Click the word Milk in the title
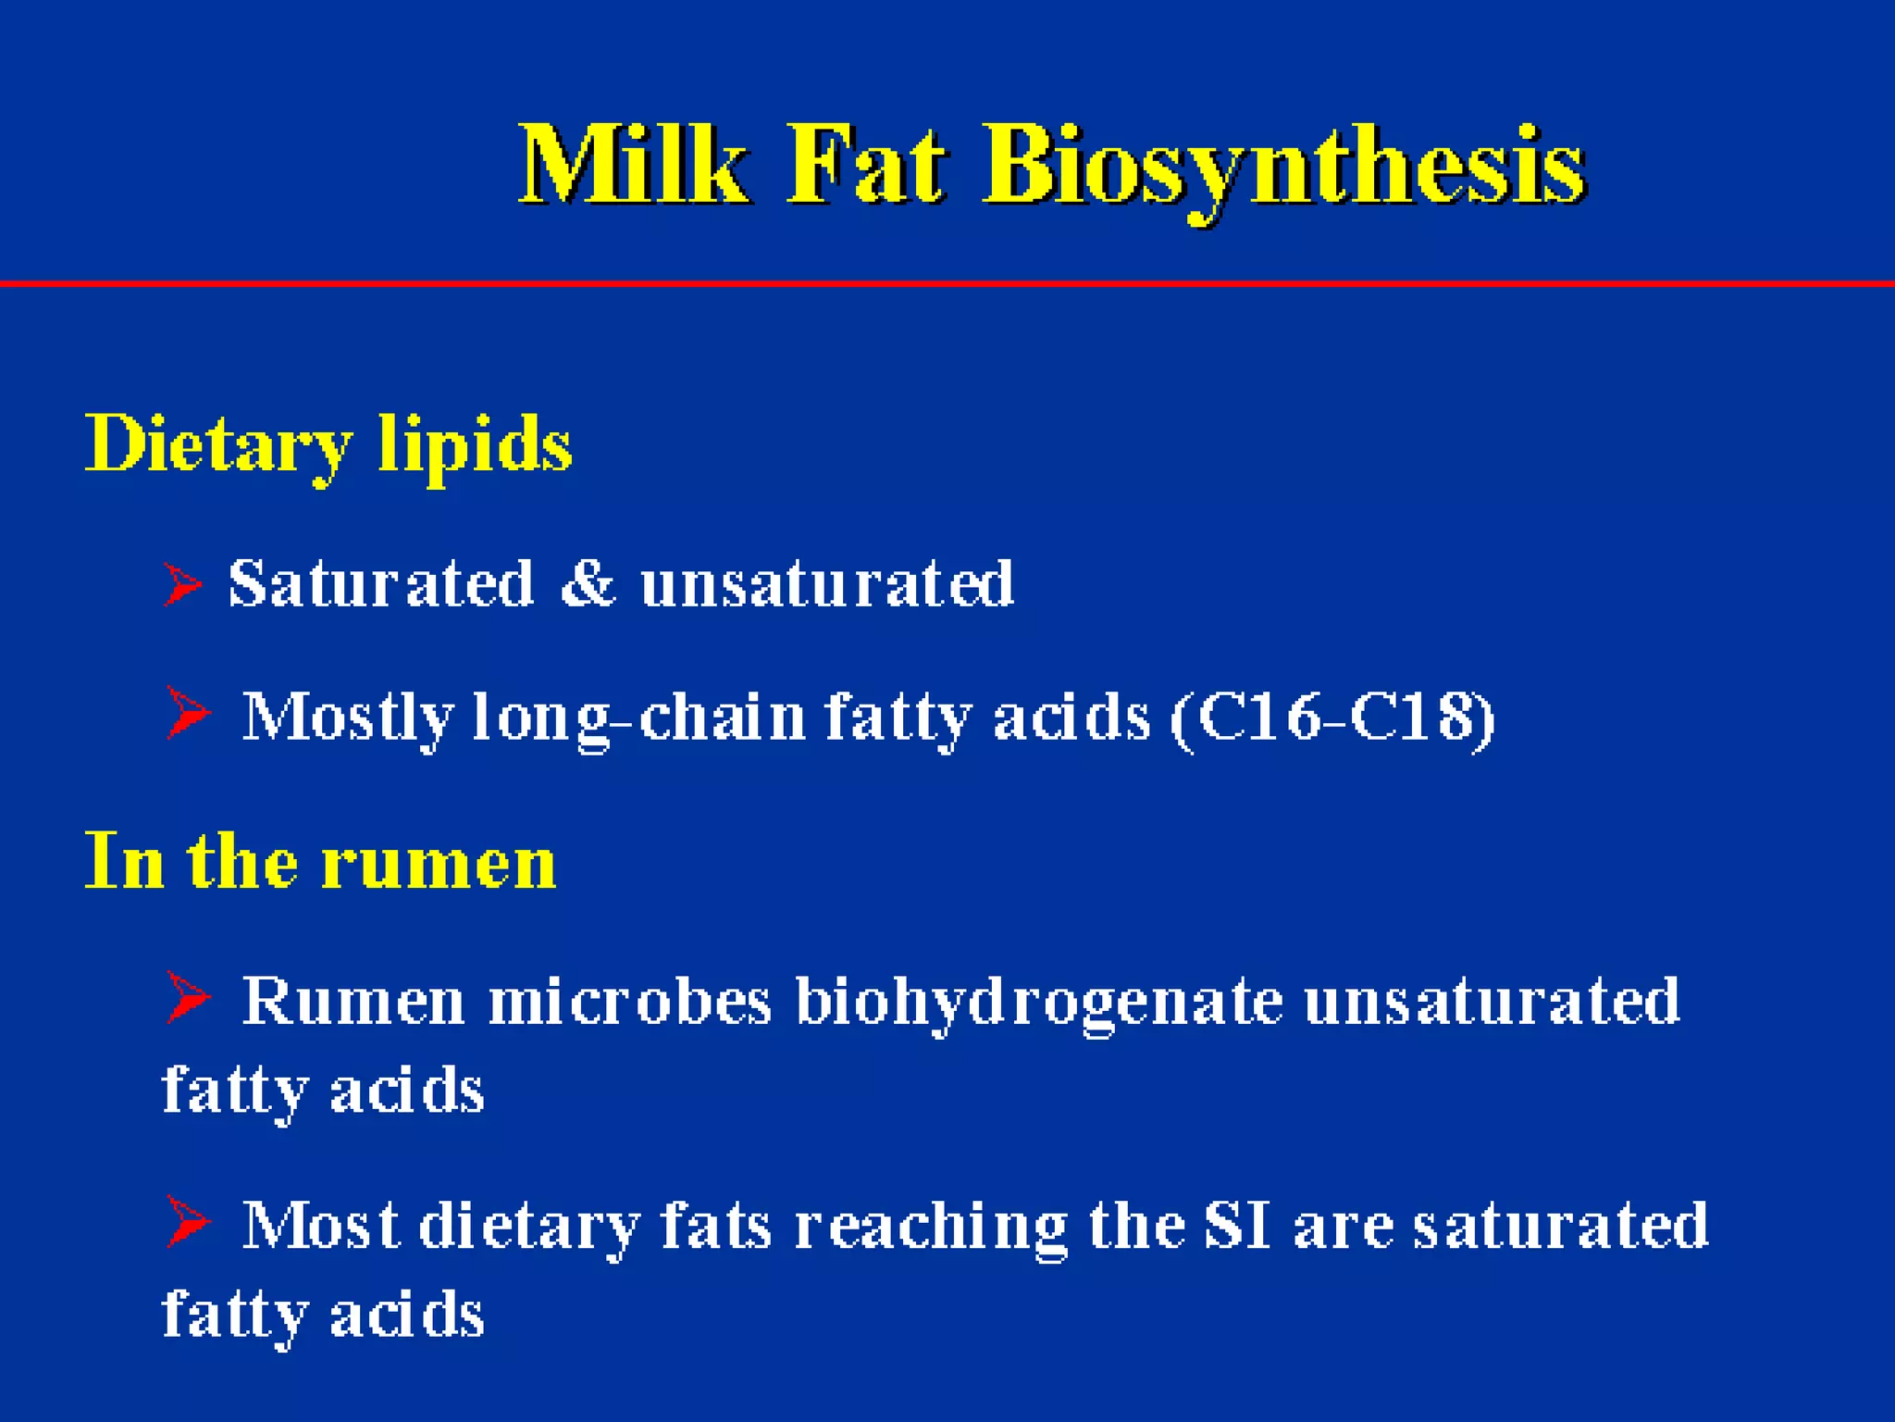point(633,167)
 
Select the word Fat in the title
point(866,167)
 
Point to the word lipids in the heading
point(476,446)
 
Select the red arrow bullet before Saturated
point(182,584)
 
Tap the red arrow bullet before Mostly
point(189,713)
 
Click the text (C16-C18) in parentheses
point(1332,717)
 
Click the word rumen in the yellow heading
point(439,863)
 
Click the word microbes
point(629,1002)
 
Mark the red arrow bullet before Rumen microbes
point(189,997)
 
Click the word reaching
point(931,1228)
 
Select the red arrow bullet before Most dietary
point(189,1221)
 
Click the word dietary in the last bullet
point(529,1228)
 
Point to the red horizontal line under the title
point(947,283)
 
